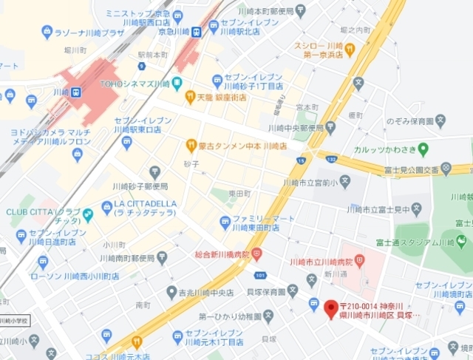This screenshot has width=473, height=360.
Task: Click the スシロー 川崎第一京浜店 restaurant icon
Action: click(350, 49)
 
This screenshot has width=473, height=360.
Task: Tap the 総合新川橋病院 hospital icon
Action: click(256, 254)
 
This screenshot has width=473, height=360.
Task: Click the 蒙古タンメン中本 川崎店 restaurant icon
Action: click(191, 146)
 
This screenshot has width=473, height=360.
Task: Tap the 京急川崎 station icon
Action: click(197, 32)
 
